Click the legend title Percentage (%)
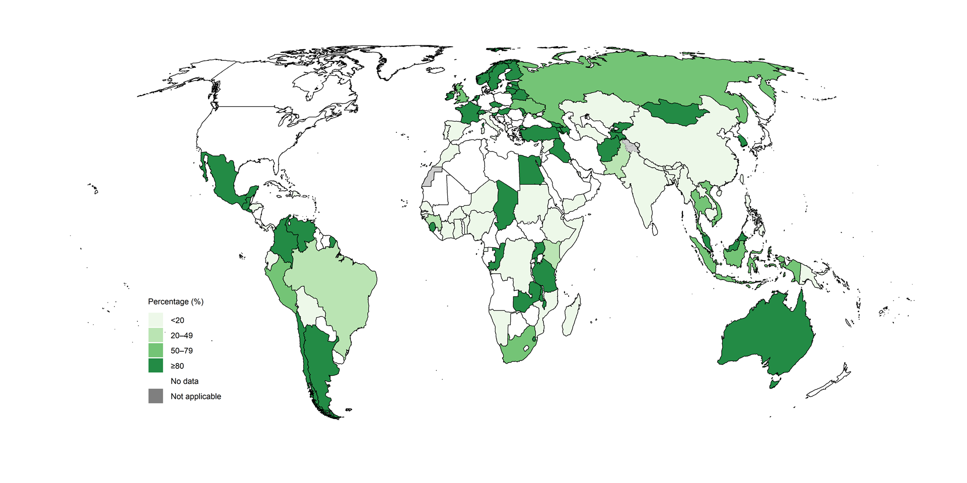coord(175,302)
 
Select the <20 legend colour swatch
coord(156,320)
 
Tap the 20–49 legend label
coord(181,336)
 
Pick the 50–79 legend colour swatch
coord(156,350)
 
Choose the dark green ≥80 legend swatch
coord(156,365)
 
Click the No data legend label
coord(184,381)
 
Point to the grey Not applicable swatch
coord(156,396)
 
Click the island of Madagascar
coord(572,317)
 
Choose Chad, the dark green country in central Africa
coord(506,204)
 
